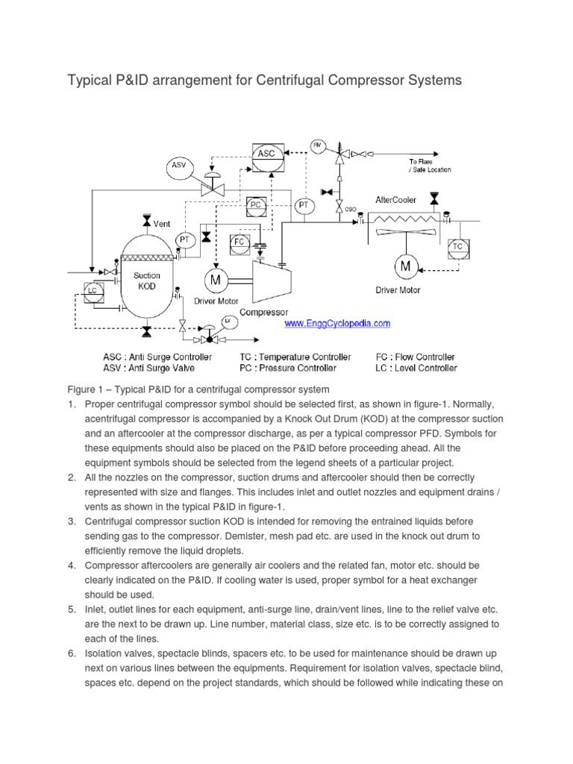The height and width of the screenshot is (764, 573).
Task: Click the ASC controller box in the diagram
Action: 266,153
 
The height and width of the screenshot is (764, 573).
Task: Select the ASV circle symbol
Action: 178,165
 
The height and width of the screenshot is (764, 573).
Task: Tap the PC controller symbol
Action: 257,204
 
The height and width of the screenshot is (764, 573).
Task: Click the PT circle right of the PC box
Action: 304,205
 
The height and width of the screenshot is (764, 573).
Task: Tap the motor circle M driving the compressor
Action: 215,280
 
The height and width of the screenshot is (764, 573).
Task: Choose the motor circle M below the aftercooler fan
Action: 407,266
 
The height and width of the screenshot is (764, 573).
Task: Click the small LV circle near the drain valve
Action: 228,322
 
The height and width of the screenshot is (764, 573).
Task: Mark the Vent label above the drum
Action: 163,223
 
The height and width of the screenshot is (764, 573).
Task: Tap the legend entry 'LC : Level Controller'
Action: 416,367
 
